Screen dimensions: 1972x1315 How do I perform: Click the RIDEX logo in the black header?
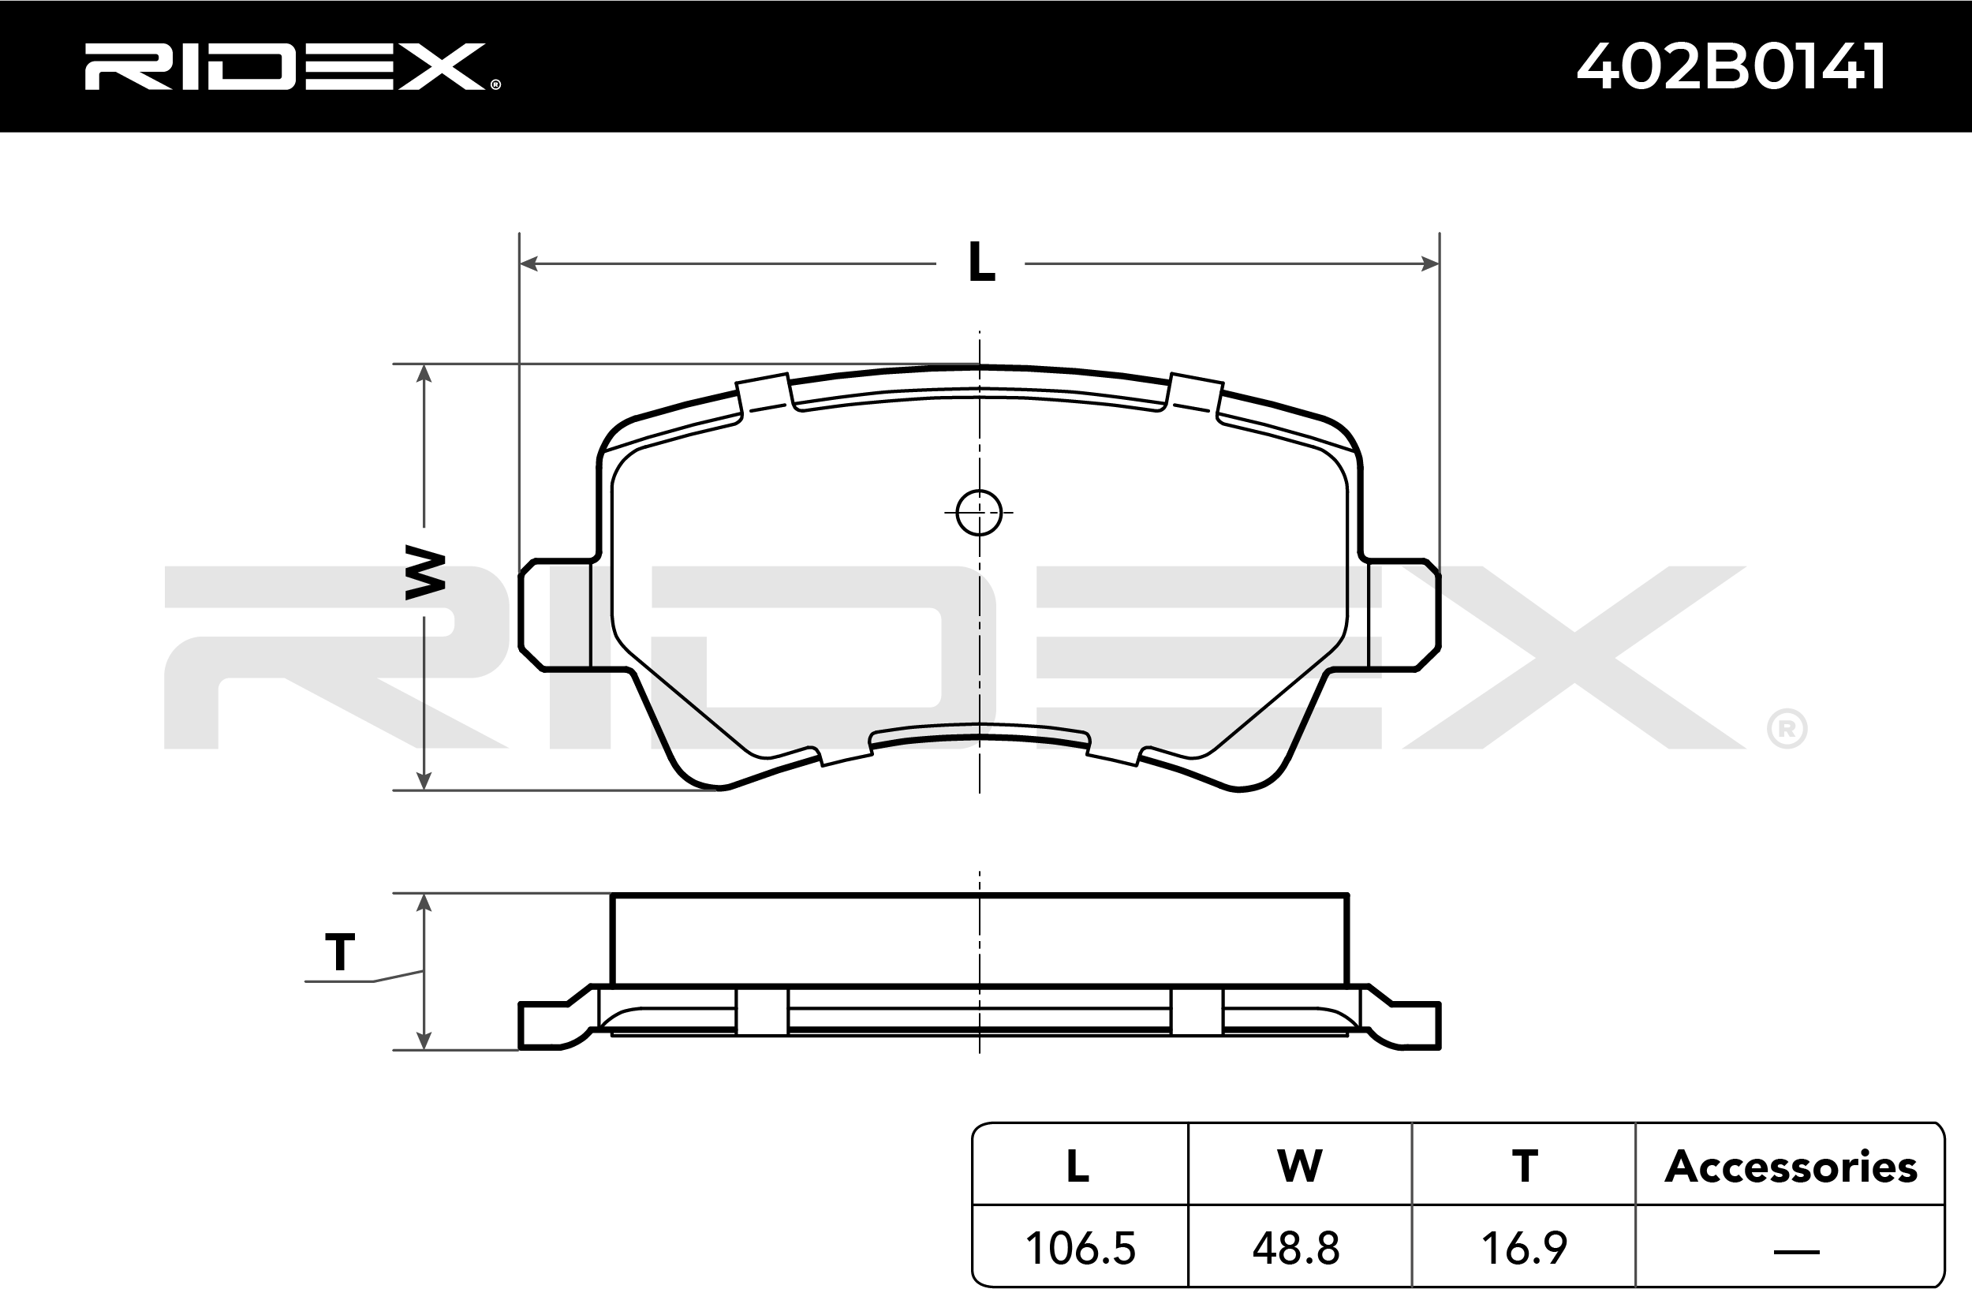point(292,67)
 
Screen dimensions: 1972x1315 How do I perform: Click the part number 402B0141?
point(1731,66)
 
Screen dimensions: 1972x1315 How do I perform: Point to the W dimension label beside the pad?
point(425,572)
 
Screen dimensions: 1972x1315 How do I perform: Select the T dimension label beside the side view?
point(339,953)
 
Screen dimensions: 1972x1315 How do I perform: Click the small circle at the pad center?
point(979,513)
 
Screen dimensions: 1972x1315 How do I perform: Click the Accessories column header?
point(1791,1166)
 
